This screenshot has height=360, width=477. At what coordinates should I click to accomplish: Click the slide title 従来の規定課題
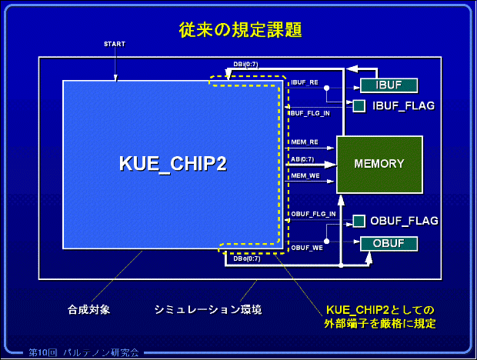click(x=239, y=31)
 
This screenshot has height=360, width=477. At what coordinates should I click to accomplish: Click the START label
click(x=114, y=44)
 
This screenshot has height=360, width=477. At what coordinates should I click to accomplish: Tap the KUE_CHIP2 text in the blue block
click(x=173, y=164)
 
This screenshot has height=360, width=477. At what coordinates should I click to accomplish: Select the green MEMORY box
click(x=379, y=164)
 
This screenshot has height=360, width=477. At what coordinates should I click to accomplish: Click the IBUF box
click(x=389, y=85)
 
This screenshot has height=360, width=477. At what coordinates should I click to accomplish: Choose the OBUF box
click(x=389, y=244)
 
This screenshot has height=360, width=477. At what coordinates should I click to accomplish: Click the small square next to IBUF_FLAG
click(x=359, y=105)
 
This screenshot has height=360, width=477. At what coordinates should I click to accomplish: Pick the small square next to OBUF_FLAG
click(x=359, y=222)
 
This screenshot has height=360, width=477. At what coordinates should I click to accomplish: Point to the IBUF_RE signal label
click(x=305, y=82)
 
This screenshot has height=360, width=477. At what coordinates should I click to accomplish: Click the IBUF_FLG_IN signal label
click(x=309, y=113)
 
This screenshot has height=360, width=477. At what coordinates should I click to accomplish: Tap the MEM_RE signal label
click(x=304, y=142)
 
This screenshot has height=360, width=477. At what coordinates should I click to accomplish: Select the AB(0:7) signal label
click(x=302, y=158)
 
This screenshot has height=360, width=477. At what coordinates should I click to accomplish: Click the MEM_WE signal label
click(x=305, y=176)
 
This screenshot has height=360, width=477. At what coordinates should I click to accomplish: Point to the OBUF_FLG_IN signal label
click(x=312, y=213)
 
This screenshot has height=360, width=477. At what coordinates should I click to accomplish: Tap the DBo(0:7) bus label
click(x=247, y=258)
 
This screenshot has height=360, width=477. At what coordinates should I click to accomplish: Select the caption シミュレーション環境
click(x=208, y=310)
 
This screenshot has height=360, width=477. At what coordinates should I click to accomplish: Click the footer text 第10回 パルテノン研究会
click(x=84, y=352)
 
